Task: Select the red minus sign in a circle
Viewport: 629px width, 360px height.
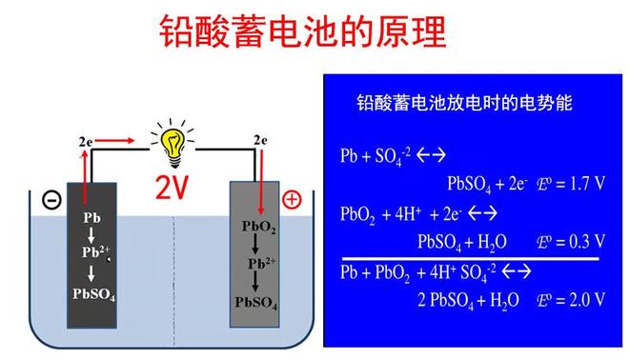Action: (51, 202)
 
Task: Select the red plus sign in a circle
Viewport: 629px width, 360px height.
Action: (293, 199)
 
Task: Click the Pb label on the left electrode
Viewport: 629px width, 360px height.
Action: (93, 218)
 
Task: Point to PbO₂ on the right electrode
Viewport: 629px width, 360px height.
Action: (259, 227)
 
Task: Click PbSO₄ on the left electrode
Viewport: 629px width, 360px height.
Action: (93, 293)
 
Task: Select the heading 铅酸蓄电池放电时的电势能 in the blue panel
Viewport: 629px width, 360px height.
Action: (464, 102)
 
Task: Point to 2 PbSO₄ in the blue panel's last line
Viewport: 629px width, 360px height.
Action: (450, 300)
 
